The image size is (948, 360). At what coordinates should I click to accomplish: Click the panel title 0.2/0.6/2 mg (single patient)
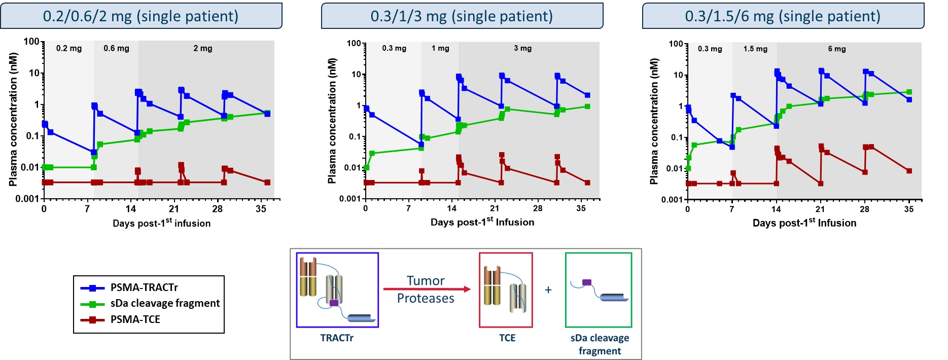pyautogui.click(x=141, y=16)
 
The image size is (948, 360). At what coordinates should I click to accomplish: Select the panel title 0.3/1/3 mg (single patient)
pyautogui.click(x=462, y=16)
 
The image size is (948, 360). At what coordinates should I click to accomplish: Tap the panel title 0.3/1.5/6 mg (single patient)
pyautogui.click(x=783, y=16)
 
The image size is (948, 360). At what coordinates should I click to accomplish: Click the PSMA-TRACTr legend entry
pyautogui.click(x=144, y=287)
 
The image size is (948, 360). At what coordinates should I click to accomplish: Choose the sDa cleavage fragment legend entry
pyautogui.click(x=165, y=303)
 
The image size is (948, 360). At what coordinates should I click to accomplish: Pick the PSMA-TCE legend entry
pyautogui.click(x=135, y=319)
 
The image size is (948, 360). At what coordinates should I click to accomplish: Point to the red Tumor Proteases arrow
pyautogui.click(x=426, y=289)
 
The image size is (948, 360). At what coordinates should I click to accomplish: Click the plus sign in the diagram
pyautogui.click(x=548, y=290)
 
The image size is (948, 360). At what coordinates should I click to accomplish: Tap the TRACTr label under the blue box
pyautogui.click(x=337, y=338)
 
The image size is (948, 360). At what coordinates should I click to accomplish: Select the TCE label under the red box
pyautogui.click(x=507, y=338)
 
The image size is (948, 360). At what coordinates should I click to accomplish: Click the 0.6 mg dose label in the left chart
pyautogui.click(x=116, y=48)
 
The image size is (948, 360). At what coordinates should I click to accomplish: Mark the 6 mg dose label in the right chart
pyautogui.click(x=836, y=49)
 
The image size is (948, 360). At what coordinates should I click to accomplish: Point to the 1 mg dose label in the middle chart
pyautogui.click(x=440, y=48)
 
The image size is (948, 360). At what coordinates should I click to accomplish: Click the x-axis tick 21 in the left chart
pyautogui.click(x=174, y=209)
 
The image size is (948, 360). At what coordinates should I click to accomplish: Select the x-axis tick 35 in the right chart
pyautogui.click(x=908, y=209)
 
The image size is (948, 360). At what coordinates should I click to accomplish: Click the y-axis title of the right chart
pyautogui.click(x=654, y=122)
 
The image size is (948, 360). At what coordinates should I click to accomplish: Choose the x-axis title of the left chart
pyautogui.click(x=161, y=223)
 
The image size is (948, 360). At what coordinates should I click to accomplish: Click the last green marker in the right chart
pyautogui.click(x=909, y=92)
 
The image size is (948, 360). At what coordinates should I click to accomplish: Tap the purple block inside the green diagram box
pyautogui.click(x=587, y=282)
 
